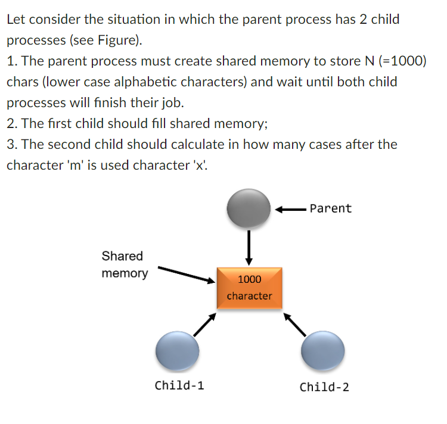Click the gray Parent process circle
coord(249,208)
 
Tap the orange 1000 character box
coord(250,288)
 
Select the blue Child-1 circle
coord(178,351)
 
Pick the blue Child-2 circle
coord(322,351)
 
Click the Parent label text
coord(331,208)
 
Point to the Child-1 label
coord(179,385)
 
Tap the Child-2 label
coord(324,387)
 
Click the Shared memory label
coord(125,264)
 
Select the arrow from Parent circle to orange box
coord(249,248)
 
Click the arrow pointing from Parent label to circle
coord(290,210)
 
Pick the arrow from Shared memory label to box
coord(187,275)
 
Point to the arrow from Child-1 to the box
coord(204,325)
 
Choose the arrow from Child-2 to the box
coord(295,325)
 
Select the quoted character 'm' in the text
coord(76,165)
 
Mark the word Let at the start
coord(16,20)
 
